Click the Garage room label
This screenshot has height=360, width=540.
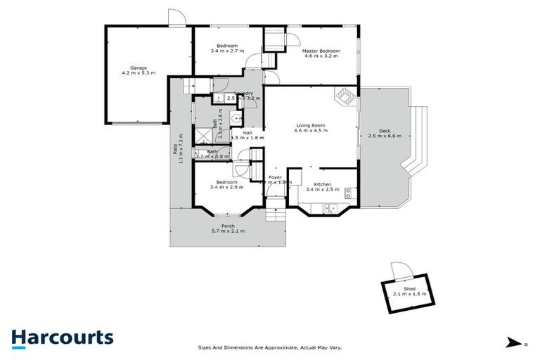pos(138,67)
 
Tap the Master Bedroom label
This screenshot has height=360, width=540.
pos(321,51)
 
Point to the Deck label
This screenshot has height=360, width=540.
pos(384,131)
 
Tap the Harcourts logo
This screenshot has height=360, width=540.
pos(62,337)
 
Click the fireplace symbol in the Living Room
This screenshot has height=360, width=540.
pos(345,97)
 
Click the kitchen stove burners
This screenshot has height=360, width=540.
pos(347,198)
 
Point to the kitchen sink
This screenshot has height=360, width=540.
pos(329,207)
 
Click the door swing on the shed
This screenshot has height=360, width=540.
pos(399,271)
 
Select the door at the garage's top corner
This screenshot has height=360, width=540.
pos(176,18)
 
